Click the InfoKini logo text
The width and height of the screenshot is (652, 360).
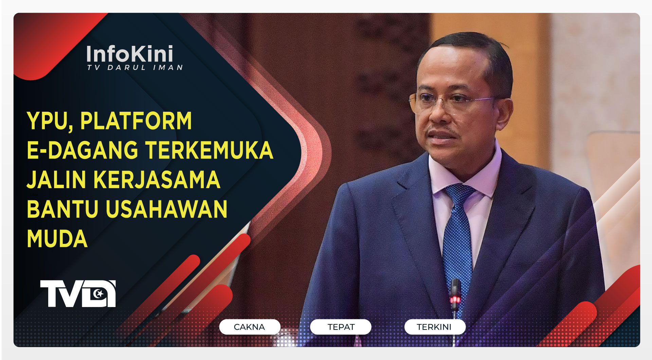[130, 54]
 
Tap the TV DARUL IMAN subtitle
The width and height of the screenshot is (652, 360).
[135, 68]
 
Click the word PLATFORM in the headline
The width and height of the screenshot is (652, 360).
[136, 121]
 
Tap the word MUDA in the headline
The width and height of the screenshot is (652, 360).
[57, 239]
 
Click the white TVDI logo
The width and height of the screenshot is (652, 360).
[78, 294]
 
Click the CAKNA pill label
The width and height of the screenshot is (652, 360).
[249, 327]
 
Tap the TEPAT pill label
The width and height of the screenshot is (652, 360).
[341, 327]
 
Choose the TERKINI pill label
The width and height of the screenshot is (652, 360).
[434, 327]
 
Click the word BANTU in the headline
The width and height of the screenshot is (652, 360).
[62, 209]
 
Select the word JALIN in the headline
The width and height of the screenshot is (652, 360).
[56, 180]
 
